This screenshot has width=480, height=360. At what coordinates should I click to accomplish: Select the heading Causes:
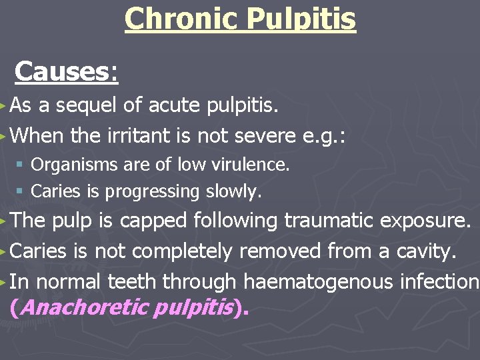67,71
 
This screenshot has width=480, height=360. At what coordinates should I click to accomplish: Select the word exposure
433,221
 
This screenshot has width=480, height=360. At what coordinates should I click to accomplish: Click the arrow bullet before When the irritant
5,136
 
